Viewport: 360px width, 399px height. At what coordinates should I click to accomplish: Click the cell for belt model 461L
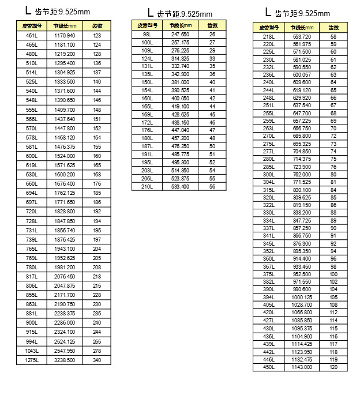[x=31, y=35]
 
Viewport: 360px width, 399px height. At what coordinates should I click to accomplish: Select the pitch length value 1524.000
[x=64, y=156]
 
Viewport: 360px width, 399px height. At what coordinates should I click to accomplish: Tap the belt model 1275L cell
[x=31, y=360]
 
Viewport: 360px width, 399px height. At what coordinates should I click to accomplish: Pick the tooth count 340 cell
[x=96, y=360]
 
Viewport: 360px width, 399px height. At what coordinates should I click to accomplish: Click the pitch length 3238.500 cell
[x=64, y=360]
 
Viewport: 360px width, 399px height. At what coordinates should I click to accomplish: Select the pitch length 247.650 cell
[x=180, y=35]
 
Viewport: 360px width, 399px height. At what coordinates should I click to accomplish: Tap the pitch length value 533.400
[x=180, y=187]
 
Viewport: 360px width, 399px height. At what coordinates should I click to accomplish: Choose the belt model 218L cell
[x=268, y=36]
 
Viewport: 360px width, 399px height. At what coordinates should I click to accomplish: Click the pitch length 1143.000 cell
[x=301, y=367]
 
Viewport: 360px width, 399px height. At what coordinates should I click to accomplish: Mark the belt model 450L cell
[x=268, y=367]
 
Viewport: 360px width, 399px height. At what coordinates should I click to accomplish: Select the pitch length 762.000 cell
[x=301, y=174]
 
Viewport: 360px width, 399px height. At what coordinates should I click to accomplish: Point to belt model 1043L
[x=31, y=351]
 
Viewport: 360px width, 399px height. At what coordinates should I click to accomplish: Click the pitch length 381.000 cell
[x=180, y=82]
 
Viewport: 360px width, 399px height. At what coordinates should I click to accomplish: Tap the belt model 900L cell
[x=31, y=323]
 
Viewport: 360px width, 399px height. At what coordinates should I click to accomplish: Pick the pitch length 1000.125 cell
[x=301, y=297]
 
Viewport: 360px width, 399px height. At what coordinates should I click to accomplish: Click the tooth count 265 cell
[x=96, y=342]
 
